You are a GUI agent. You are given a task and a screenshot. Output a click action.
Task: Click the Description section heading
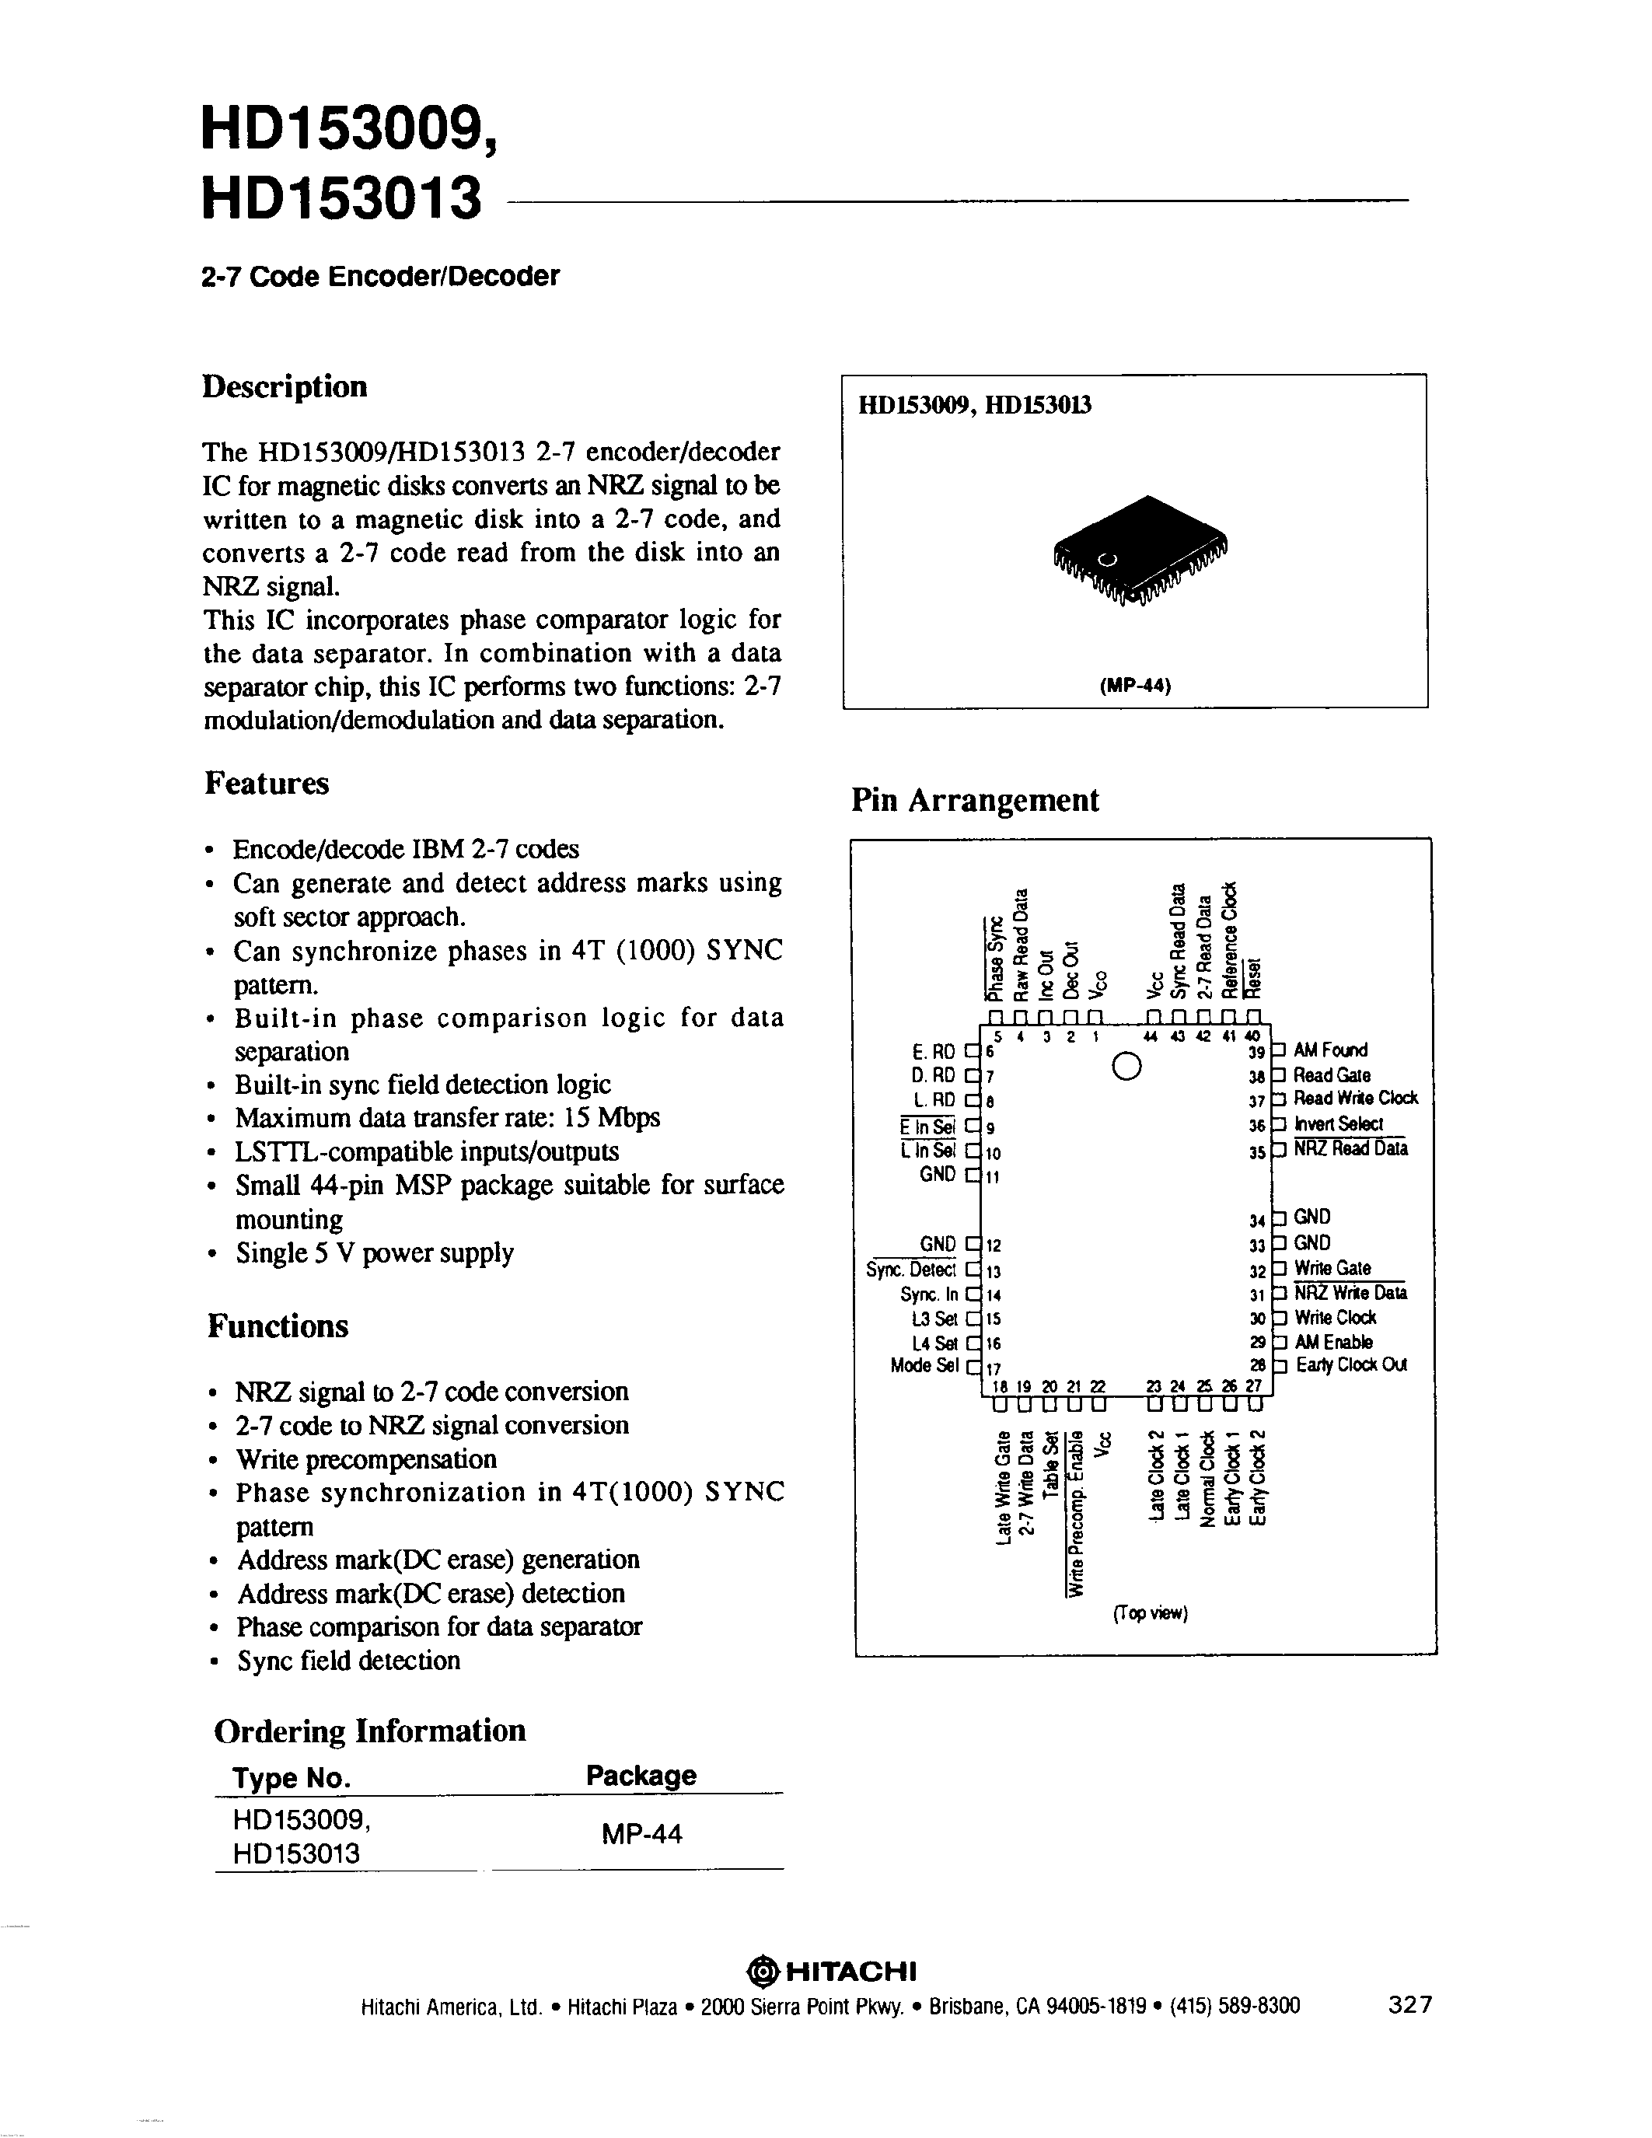pyautogui.click(x=285, y=386)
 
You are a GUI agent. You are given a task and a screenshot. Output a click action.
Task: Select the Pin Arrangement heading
pyautogui.click(x=975, y=800)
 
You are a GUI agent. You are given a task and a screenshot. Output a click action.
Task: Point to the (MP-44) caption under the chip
pyautogui.click(x=1135, y=685)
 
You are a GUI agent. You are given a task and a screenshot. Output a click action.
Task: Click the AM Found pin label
pyautogui.click(x=1331, y=1050)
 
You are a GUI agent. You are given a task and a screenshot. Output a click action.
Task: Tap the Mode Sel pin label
pyautogui.click(x=924, y=1366)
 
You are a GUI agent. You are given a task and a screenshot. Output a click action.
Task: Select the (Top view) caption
pyautogui.click(x=1150, y=1613)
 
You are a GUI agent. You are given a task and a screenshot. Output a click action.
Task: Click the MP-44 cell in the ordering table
pyautogui.click(x=642, y=1835)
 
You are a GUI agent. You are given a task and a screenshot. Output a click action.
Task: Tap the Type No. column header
pyautogui.click(x=291, y=1778)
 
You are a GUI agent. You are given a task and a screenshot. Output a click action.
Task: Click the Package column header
pyautogui.click(x=641, y=1775)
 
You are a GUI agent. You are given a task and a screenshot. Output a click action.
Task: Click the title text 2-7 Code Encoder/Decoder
pyautogui.click(x=381, y=277)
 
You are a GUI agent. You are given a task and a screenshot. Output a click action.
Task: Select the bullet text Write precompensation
pyautogui.click(x=366, y=1459)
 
